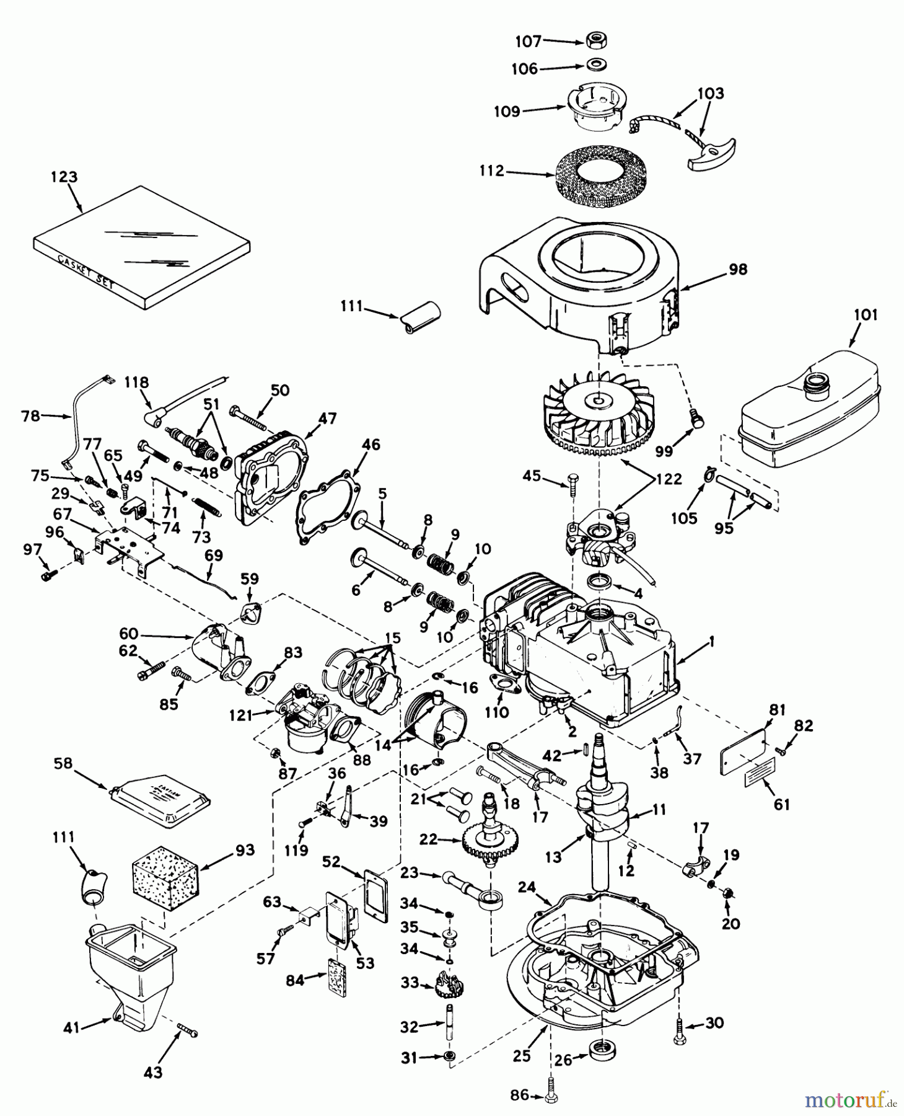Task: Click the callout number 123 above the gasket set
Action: (64, 177)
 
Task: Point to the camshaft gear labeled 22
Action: (489, 840)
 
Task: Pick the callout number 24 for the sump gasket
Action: (526, 888)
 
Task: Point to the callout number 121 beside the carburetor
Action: (240, 715)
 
